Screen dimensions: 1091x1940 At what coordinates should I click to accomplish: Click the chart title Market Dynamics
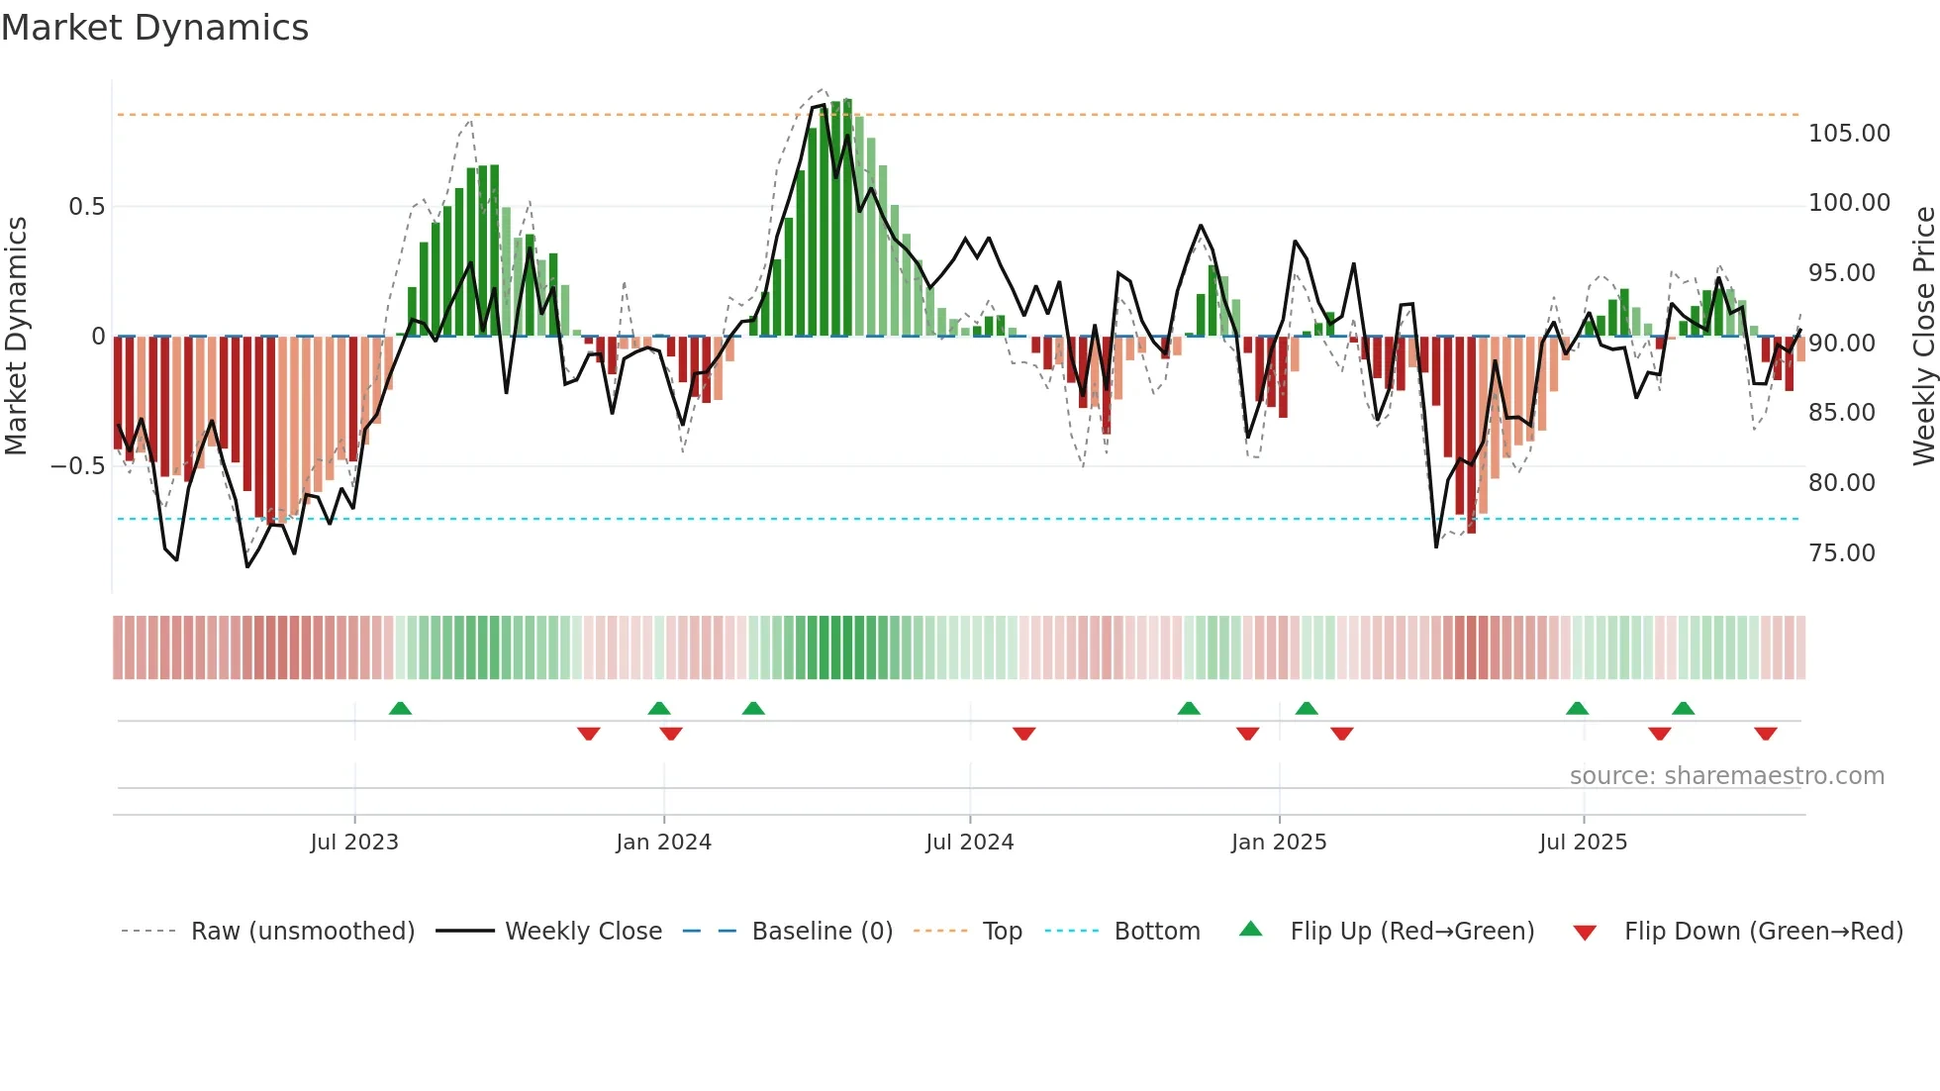[x=155, y=28]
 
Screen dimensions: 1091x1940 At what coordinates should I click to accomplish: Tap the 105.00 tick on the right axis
[x=1849, y=134]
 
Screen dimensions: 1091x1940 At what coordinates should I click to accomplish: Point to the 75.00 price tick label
[x=1841, y=553]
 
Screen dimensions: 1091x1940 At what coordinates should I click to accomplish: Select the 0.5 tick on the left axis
[x=86, y=207]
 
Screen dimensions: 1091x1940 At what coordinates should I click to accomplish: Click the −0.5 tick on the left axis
[x=77, y=466]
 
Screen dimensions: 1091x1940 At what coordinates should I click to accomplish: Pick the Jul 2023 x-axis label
[x=354, y=843]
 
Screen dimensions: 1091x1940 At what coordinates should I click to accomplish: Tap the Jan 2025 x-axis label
[x=1279, y=843]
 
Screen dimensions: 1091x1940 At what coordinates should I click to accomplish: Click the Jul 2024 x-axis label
[x=970, y=843]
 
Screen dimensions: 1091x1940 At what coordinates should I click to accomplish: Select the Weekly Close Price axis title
[x=1923, y=337]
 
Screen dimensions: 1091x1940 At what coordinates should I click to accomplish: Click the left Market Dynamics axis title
[x=17, y=337]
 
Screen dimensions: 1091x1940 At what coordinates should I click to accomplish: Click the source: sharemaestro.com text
[x=1726, y=776]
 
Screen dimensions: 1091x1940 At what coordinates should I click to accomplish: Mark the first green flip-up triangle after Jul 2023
[x=400, y=709]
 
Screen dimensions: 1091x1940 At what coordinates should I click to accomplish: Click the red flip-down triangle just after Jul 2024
[x=1024, y=734]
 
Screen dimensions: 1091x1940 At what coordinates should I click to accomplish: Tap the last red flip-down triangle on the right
[x=1766, y=734]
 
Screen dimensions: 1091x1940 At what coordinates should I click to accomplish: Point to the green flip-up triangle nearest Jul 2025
[x=1578, y=709]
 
